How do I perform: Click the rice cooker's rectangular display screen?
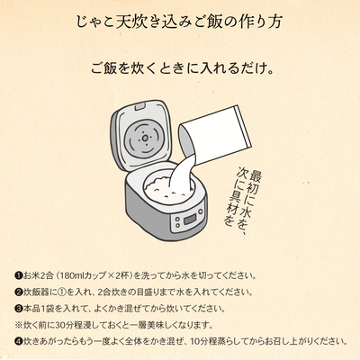click(189, 220)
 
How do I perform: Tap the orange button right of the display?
click(200, 211)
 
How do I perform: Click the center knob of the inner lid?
click(145, 139)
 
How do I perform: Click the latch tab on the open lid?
click(139, 107)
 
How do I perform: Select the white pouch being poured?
click(215, 135)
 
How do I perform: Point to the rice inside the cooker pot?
click(164, 189)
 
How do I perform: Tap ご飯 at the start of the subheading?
click(104, 68)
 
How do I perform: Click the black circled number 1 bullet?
click(19, 275)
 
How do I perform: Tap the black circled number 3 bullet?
click(19, 308)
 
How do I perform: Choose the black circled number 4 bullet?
click(19, 341)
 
